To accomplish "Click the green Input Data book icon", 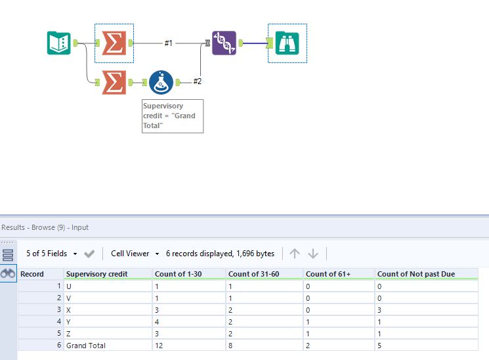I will tap(59, 43).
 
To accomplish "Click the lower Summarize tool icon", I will tap(114, 82).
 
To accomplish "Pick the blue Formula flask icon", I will tap(161, 82).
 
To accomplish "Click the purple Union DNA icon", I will tap(224, 43).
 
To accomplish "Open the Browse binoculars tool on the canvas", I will tap(287, 43).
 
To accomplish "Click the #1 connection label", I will tap(169, 43).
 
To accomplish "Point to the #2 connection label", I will tap(197, 82).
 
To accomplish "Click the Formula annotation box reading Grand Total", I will tap(173, 116).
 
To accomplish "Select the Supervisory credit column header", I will tap(96, 274).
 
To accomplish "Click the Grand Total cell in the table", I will tap(86, 346).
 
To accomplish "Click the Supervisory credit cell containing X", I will tap(69, 309).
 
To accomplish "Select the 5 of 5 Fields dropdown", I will tap(52, 253).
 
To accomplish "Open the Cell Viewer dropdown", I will tap(135, 253).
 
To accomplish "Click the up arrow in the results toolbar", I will tap(295, 254).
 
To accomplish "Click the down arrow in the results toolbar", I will tap(313, 254).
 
